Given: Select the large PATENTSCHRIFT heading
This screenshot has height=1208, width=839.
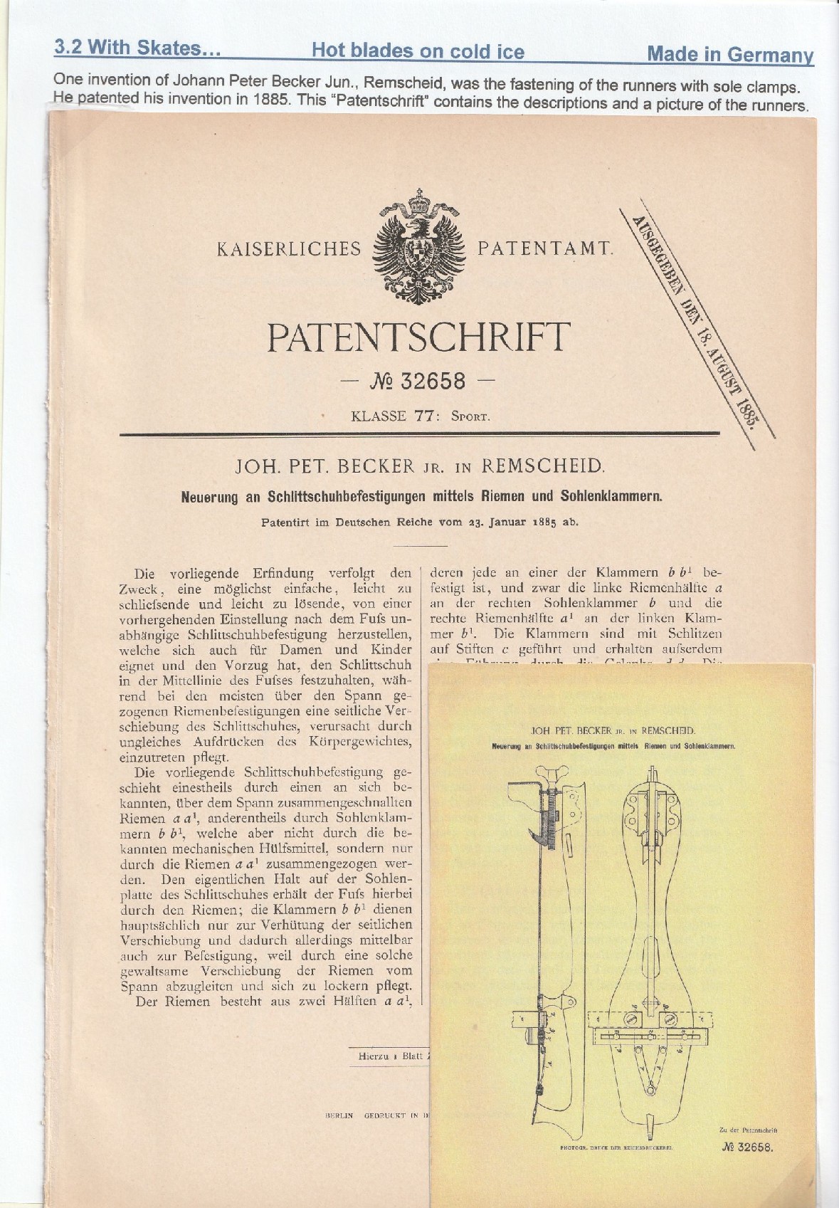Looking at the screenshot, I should click(x=419, y=337).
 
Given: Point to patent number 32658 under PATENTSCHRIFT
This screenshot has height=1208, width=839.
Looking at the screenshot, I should click(x=419, y=382).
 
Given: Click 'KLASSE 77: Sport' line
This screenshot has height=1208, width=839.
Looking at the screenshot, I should click(x=421, y=416).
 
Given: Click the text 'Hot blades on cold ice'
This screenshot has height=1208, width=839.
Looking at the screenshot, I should click(x=418, y=51).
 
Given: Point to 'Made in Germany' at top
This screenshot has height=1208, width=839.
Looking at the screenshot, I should click(x=730, y=55).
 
